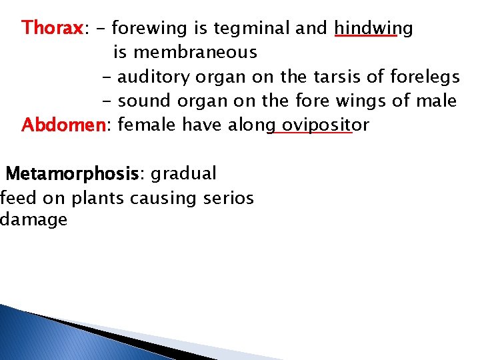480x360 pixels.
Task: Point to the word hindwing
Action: tap(373, 29)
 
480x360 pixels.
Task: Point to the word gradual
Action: tap(183, 174)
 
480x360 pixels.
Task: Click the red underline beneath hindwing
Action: tap(365, 38)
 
